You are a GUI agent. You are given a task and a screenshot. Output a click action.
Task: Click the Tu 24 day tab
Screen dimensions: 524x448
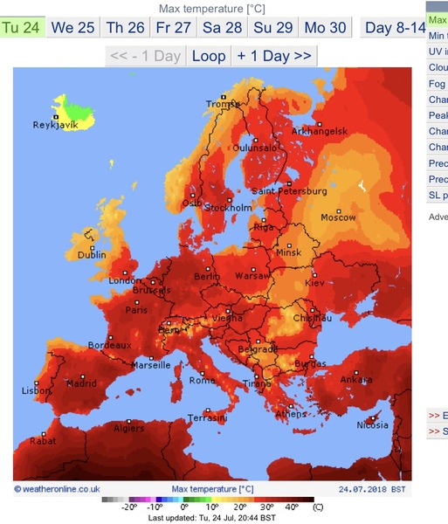[22, 27]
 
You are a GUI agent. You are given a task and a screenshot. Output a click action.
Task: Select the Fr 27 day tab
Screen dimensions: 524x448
[174, 27]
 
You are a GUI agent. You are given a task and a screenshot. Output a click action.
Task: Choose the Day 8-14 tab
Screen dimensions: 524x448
[396, 27]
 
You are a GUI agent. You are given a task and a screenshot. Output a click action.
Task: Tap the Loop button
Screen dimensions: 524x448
[208, 56]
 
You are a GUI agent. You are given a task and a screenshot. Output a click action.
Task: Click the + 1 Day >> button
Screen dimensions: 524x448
[273, 56]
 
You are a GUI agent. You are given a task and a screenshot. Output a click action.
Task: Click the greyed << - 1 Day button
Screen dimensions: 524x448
[144, 56]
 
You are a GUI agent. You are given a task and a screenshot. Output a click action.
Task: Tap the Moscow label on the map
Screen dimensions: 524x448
[337, 217]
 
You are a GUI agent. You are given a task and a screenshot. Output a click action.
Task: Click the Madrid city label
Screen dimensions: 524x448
[81, 383]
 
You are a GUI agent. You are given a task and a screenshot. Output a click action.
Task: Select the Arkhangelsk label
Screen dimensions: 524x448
[320, 131]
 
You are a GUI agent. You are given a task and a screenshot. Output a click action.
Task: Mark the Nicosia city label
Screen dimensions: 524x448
[372, 425]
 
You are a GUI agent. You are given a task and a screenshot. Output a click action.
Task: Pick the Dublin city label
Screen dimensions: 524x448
[92, 255]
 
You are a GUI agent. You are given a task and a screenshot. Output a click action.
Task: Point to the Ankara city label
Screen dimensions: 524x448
[355, 379]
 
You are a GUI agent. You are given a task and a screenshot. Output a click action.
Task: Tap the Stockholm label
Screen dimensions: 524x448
[228, 208]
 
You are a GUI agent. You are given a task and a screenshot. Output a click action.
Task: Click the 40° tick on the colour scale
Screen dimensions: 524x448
[290, 507]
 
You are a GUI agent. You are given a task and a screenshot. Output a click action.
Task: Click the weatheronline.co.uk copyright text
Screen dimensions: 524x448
[58, 489]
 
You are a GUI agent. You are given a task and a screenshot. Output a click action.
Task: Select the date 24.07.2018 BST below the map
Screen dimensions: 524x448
[373, 489]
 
